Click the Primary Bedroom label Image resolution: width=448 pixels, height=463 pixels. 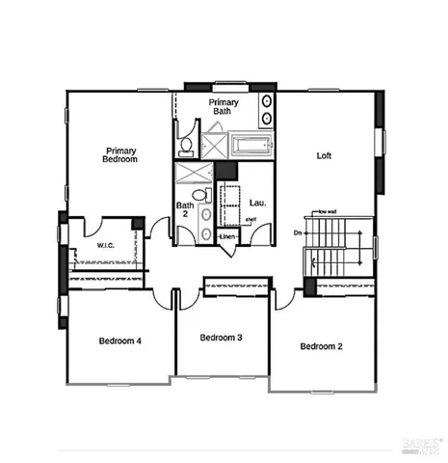tap(121, 155)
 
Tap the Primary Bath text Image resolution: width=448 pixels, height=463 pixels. tap(224, 106)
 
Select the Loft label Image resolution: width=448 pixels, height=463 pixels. tap(325, 155)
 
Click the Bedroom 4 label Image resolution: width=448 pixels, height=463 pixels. tap(120, 340)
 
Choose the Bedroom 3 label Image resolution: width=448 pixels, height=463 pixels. tap(221, 338)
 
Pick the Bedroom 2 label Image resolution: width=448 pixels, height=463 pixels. tap(321, 346)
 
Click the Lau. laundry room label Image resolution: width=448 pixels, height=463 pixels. tap(257, 204)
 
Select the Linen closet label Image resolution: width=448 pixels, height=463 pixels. tap(227, 236)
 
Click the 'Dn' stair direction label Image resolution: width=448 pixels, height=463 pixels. tap(298, 233)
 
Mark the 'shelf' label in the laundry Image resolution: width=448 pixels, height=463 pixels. tap(250, 220)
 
